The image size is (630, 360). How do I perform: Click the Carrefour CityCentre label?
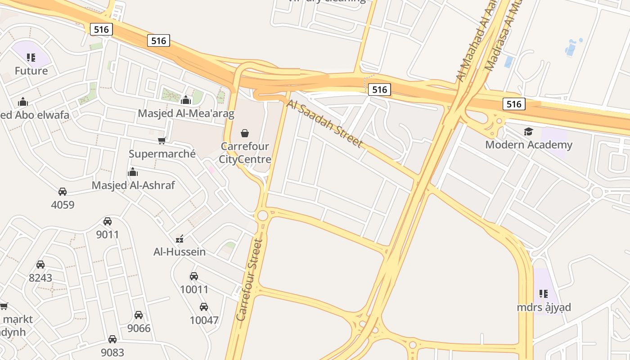click(245, 153)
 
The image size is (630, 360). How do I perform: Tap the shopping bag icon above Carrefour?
click(245, 133)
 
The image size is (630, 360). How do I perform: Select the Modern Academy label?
click(529, 145)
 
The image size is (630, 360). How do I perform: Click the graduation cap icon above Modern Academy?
click(528, 131)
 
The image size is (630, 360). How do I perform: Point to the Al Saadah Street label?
click(324, 124)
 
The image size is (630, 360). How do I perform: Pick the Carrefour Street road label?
click(249, 280)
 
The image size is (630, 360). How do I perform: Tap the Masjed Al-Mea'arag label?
click(186, 113)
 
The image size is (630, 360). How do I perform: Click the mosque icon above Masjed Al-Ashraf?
click(133, 172)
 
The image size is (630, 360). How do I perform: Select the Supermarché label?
click(162, 154)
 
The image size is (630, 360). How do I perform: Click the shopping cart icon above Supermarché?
click(162, 140)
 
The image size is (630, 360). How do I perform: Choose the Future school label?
click(31, 71)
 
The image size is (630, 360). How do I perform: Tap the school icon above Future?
click(31, 57)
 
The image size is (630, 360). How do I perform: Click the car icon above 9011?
click(108, 221)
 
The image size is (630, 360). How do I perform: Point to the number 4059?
click(63, 205)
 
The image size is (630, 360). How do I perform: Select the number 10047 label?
click(204, 320)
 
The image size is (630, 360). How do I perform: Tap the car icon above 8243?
click(40, 265)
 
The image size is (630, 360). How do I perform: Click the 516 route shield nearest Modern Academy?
click(513, 104)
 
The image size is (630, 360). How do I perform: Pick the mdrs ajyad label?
click(544, 307)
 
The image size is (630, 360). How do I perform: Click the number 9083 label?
click(112, 352)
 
